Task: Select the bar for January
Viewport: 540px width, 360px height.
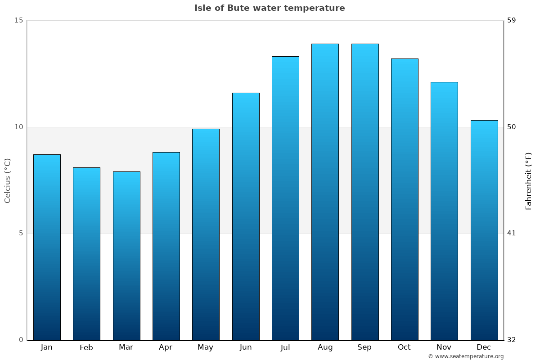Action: (47, 247)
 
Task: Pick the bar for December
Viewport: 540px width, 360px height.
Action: (484, 230)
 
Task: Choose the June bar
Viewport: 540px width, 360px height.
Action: (246, 216)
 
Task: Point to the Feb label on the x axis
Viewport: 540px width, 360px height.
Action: (86, 347)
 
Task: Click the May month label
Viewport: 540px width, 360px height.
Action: (206, 347)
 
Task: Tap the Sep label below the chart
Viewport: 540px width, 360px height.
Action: (364, 347)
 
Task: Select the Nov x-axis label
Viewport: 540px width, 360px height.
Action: (444, 347)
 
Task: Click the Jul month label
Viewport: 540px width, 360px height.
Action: (285, 347)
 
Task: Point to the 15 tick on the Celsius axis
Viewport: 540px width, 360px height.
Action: (18, 20)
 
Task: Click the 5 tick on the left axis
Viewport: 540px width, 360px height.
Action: (20, 233)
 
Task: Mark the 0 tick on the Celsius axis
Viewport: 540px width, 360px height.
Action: (20, 340)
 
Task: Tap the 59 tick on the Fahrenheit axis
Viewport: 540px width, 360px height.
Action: (512, 20)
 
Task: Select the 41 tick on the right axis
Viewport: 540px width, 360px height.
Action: (512, 233)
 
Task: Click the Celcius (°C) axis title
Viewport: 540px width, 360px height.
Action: (8, 180)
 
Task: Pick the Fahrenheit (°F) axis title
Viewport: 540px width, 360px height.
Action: (529, 181)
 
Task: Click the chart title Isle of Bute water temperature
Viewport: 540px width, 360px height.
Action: (270, 8)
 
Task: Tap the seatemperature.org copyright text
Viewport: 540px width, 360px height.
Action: (466, 356)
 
